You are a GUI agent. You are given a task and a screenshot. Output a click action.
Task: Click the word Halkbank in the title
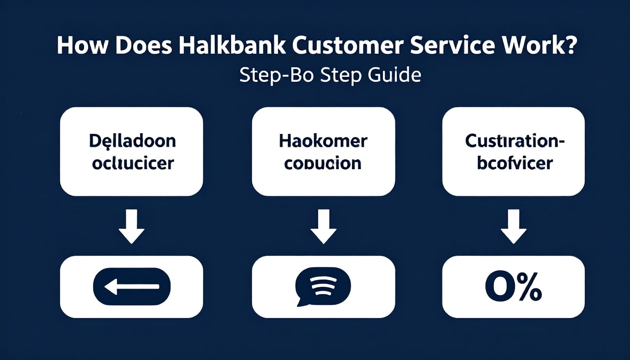[x=232, y=46]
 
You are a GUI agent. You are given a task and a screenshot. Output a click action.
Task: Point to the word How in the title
[x=82, y=46]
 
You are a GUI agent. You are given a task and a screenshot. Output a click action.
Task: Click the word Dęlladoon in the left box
[x=132, y=141]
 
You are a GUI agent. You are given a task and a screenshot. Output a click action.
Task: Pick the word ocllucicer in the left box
[x=133, y=163]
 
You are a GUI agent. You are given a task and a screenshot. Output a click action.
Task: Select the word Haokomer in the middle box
[x=323, y=141]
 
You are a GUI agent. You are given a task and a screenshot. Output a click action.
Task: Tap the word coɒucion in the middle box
[x=323, y=164]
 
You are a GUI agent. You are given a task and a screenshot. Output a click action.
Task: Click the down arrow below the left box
[x=131, y=227]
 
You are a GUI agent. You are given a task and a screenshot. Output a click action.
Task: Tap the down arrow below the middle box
[x=323, y=227]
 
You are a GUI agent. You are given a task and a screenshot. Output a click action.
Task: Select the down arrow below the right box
[x=513, y=227]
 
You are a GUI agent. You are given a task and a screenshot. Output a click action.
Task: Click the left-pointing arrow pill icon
[x=131, y=287]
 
